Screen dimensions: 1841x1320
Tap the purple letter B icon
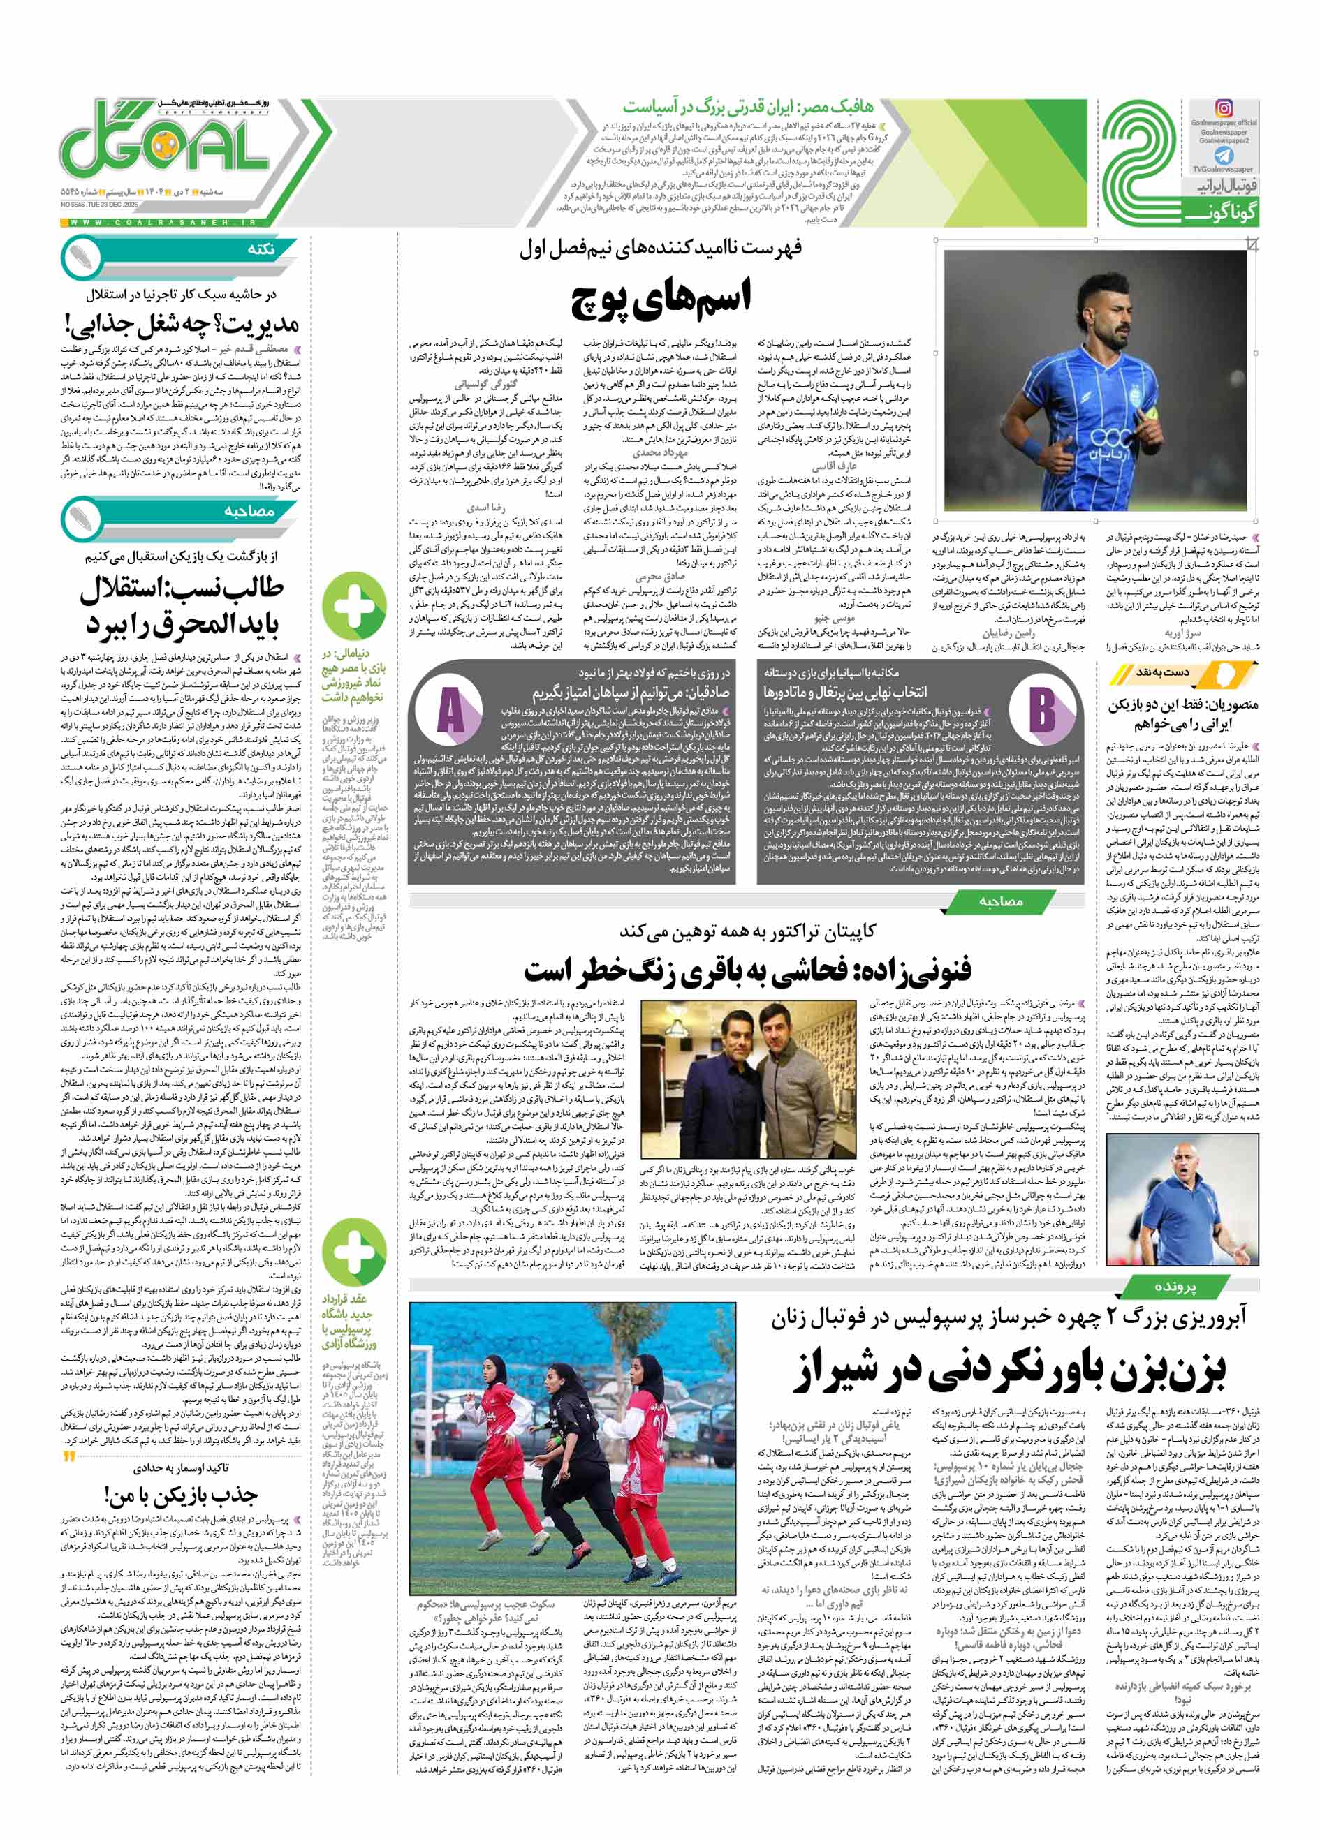1041,709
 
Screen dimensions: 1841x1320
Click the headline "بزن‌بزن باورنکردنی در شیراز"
1010,1372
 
